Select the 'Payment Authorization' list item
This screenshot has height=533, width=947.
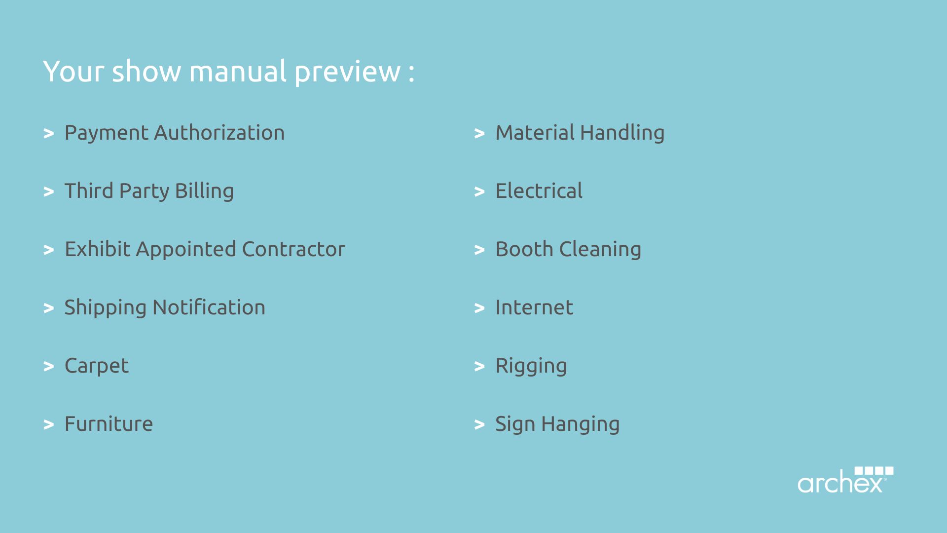tap(175, 133)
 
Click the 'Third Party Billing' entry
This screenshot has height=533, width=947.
tap(149, 191)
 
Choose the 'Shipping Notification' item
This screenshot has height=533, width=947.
tap(165, 308)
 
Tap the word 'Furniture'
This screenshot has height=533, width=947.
tap(109, 424)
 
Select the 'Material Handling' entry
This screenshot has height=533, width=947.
tap(580, 133)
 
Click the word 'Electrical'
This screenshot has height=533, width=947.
tap(539, 191)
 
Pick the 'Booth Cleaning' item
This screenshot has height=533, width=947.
tap(568, 250)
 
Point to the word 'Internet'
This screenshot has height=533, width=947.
tap(534, 307)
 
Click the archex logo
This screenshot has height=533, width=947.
tap(845, 480)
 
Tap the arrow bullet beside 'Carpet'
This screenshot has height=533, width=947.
tap(48, 366)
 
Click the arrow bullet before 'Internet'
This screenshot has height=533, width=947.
tap(479, 308)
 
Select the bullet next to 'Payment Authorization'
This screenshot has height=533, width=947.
tap(48, 133)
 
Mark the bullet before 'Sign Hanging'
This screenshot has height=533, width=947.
tap(479, 424)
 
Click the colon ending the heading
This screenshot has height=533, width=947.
tap(411, 73)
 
